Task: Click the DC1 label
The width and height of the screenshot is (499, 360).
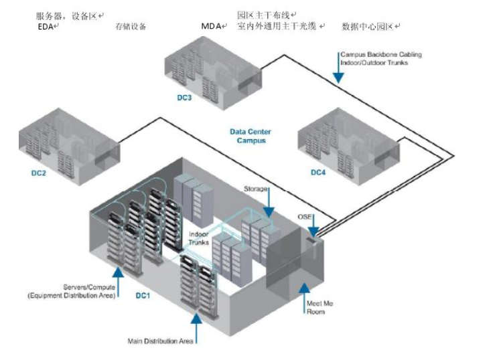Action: (144, 295)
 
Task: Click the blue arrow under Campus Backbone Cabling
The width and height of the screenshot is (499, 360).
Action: (339, 73)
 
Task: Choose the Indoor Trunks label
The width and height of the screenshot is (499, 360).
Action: (199, 238)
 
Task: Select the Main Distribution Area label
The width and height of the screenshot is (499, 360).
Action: (161, 341)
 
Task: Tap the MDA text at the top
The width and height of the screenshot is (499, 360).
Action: (212, 26)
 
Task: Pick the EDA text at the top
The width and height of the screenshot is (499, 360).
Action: (46, 26)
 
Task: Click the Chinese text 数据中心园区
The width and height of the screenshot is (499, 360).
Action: (368, 27)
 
